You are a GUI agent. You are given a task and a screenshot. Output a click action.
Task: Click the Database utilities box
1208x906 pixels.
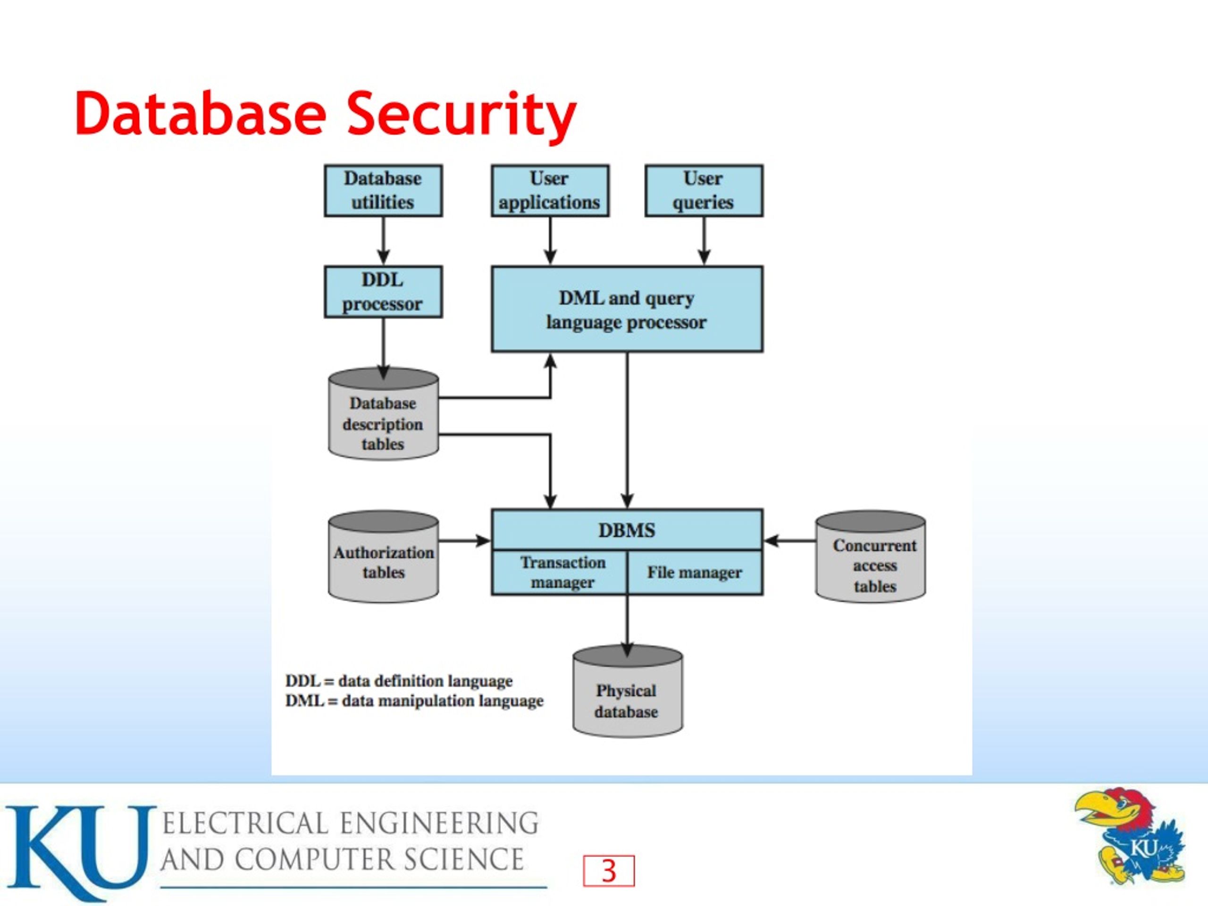point(383,191)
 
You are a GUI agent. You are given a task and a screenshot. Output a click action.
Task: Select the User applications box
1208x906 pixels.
point(550,191)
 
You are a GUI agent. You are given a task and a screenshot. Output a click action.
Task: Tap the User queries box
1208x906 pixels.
point(704,191)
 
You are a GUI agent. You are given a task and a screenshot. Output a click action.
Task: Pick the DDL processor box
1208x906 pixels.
point(383,292)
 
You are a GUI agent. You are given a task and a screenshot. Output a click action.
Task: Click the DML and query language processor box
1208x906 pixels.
point(627,309)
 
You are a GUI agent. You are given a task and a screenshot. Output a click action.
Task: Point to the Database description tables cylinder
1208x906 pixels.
point(383,414)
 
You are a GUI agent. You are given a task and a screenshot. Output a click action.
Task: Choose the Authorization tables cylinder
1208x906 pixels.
point(383,556)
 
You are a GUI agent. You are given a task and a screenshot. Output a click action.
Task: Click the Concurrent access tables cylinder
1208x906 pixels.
point(871,556)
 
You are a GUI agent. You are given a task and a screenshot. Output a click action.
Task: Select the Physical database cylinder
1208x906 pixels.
point(628,691)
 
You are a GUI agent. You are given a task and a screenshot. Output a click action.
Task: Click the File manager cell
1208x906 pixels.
point(695,572)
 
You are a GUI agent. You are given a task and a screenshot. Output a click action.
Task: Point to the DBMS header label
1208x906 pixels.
point(627,530)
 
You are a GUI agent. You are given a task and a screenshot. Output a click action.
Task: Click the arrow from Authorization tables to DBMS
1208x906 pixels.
point(465,541)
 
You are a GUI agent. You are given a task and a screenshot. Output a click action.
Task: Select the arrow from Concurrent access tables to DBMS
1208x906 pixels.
point(789,541)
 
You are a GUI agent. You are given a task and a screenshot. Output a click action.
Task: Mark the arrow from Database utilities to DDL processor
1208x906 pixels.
point(383,241)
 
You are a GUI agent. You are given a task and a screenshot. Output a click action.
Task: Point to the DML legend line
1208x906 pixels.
point(414,701)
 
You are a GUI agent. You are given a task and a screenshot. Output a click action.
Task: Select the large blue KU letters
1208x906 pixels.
point(81,851)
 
